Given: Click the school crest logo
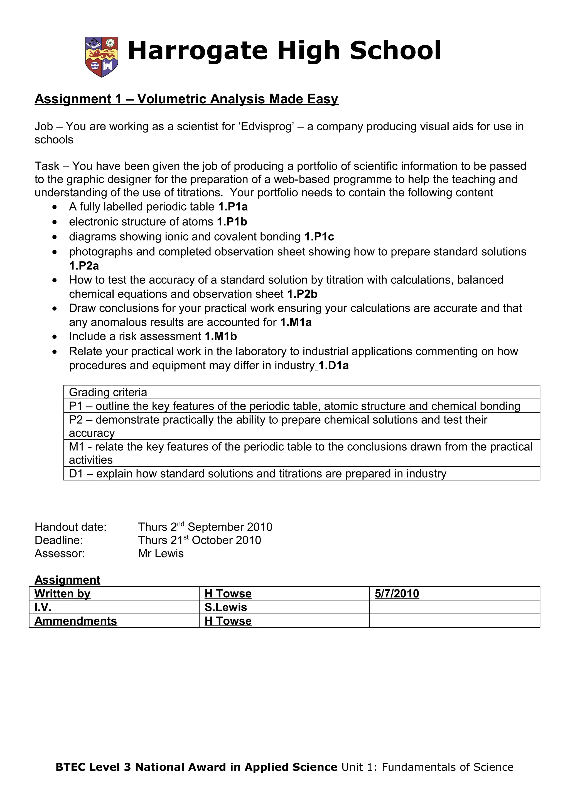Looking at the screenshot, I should click(102, 57).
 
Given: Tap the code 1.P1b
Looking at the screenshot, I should click(232, 222).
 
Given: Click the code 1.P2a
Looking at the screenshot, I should click(84, 266).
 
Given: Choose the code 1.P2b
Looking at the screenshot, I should click(302, 294).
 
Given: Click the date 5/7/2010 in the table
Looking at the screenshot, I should click(397, 593).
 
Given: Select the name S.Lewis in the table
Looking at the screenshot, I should click(225, 607).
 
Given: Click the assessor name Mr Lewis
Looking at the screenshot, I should click(161, 553).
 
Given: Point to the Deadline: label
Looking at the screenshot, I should click(59, 540).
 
